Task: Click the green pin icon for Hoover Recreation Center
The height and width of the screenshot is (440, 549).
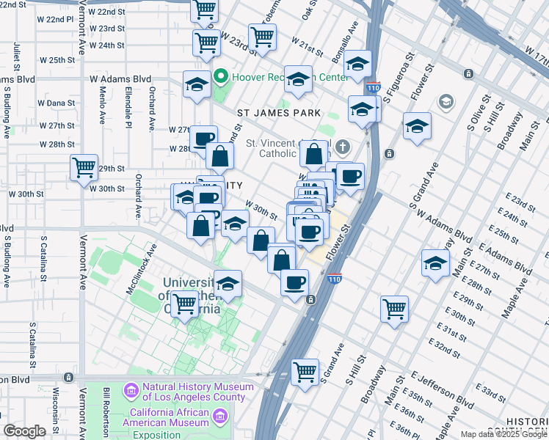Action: tap(219, 77)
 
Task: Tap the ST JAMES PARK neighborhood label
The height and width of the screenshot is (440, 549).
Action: tap(279, 113)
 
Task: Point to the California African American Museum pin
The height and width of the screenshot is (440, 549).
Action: tap(219, 417)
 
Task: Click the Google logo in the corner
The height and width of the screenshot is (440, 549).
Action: tap(24, 431)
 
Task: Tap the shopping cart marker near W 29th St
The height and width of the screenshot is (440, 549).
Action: tap(84, 167)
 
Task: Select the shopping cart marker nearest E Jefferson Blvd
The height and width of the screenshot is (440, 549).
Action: tap(305, 371)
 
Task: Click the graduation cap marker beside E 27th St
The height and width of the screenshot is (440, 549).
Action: tap(435, 263)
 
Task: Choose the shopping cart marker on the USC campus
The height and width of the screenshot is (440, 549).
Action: tap(184, 303)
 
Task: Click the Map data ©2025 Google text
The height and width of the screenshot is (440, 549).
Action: tap(503, 434)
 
